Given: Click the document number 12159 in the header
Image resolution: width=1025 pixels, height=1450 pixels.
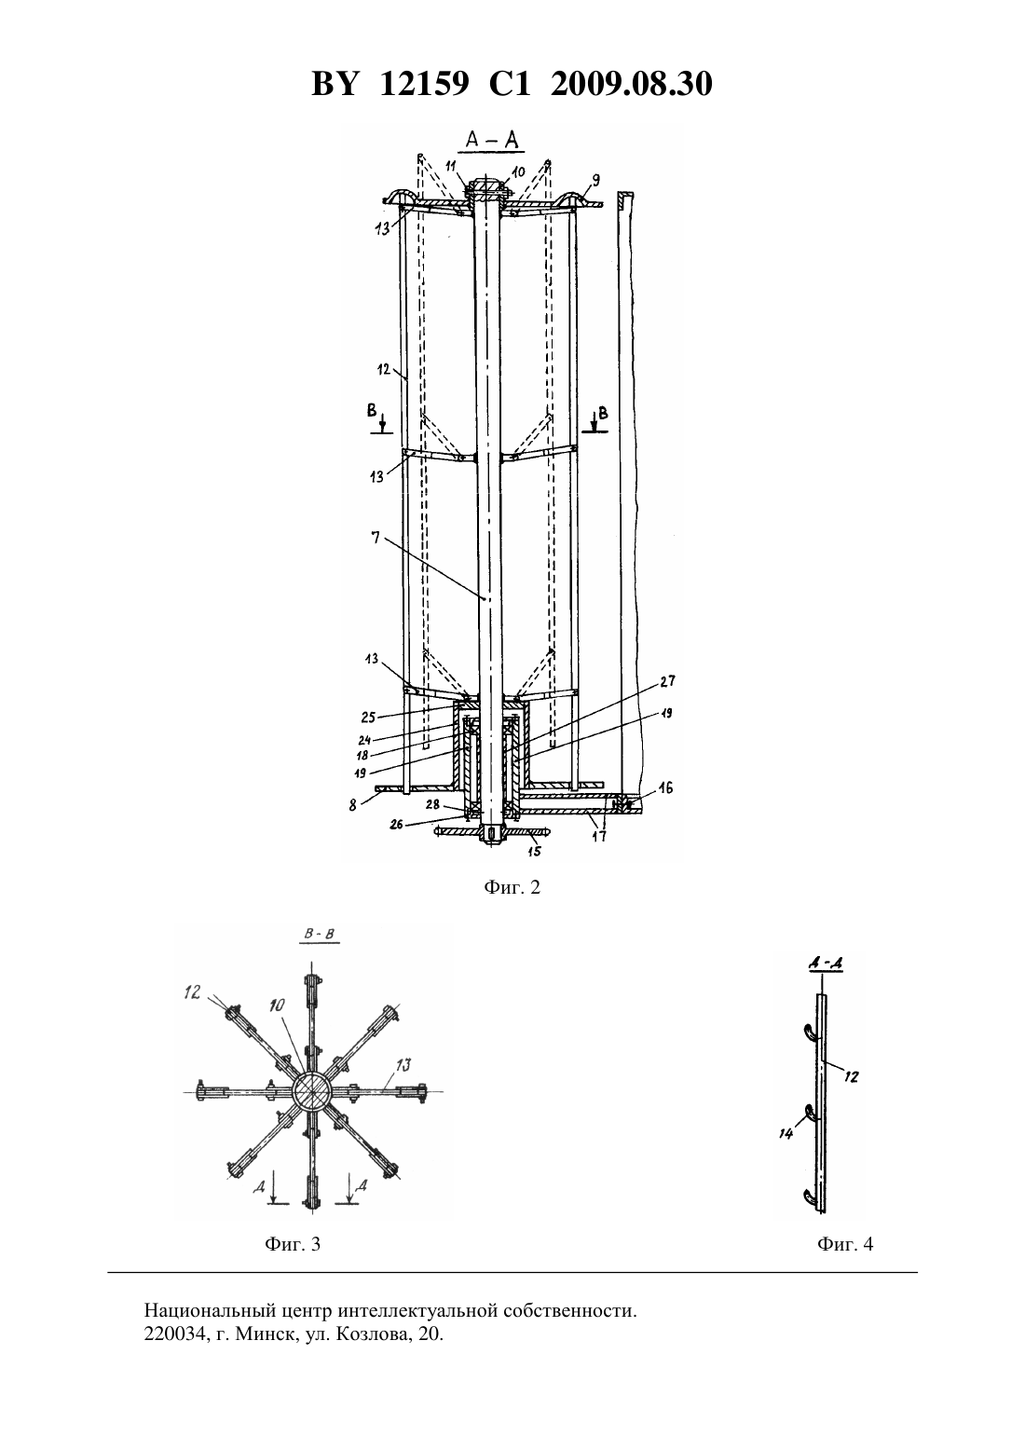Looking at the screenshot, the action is coord(424,84).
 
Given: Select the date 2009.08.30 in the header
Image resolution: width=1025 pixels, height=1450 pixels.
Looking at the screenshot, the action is coord(632,84).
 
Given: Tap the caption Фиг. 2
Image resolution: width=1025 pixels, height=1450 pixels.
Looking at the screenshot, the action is coord(512,887).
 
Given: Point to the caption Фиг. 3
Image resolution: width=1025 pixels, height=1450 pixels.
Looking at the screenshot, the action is coord(293,1244).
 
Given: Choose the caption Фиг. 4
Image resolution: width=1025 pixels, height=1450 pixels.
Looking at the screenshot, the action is coord(845,1244).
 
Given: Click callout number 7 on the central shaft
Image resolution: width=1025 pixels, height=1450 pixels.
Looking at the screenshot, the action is coord(376,538).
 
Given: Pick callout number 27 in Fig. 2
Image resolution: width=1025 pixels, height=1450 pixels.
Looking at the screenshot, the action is coord(667,681).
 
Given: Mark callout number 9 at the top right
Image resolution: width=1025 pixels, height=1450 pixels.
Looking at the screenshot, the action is coord(596,180).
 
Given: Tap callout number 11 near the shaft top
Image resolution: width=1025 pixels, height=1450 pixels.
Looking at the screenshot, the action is coord(451,166).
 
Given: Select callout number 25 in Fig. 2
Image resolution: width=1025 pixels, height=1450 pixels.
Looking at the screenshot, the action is coord(368,718).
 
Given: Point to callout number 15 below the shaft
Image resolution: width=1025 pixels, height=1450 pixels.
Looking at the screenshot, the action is coord(534,851).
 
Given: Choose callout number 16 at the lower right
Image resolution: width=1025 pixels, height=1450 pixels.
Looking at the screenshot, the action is coord(666,787).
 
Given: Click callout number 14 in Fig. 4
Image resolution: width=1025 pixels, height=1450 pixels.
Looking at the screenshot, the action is coord(786,1133).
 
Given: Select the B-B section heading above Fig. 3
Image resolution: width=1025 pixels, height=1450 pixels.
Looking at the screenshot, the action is coord(319,934).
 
